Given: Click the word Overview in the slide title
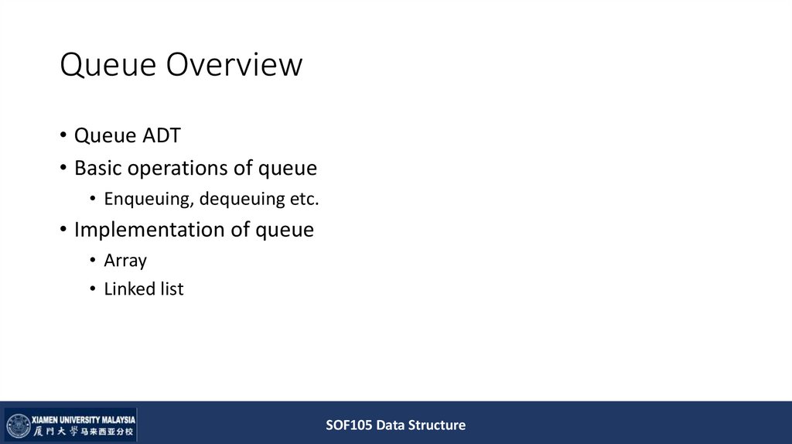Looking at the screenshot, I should pos(235,65).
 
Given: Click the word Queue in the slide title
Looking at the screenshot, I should pos(109,65).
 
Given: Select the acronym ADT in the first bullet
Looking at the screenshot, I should pos(161,136).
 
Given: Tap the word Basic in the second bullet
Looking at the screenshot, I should pos(97,168).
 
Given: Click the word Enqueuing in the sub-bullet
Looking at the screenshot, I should pos(148,199).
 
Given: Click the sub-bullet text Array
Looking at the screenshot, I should pos(125,261).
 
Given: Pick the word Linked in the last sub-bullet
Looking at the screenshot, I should pos(128,289).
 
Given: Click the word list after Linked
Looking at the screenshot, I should pos(171,289).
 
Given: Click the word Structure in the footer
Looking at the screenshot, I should pos(437,425).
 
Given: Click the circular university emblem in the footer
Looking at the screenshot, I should pos(18,425).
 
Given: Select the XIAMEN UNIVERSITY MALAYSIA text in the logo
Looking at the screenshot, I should pos(84,418).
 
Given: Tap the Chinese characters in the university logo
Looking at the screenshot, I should pos(84,432).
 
